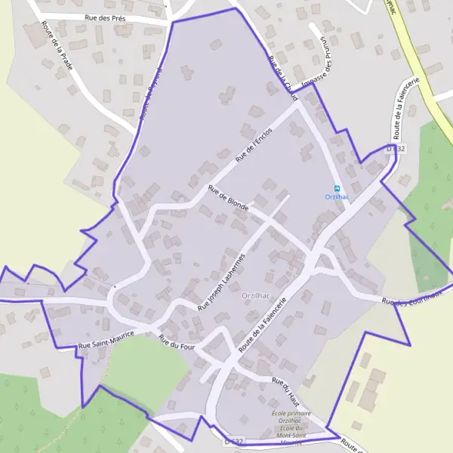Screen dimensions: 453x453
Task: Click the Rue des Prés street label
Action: coord(105,17)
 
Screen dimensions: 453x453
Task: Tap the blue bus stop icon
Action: coord(337,188)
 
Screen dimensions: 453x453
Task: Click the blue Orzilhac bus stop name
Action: coord(337,197)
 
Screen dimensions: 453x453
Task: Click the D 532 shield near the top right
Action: coord(396,149)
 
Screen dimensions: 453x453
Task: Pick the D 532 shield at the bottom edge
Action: coord(234,441)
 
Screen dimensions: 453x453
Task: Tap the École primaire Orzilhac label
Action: coord(291,421)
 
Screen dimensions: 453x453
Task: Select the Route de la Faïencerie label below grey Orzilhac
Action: coord(263,325)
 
